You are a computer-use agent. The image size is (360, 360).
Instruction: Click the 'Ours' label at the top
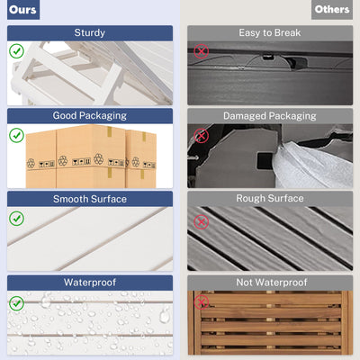(22, 10)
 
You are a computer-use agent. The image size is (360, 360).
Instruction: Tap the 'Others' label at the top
(332, 10)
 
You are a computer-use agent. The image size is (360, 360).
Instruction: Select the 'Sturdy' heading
(90, 32)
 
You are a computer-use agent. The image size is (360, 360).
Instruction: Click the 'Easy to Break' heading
(270, 32)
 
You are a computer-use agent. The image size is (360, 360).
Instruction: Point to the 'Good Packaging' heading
(90, 116)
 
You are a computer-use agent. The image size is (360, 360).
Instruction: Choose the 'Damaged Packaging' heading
(270, 116)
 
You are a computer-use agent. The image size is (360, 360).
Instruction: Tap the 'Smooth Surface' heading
(90, 199)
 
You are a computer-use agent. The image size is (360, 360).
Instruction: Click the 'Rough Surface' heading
(270, 198)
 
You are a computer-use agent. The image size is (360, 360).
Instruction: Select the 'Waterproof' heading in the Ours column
(90, 283)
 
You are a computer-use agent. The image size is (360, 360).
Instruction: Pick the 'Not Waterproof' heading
(272, 283)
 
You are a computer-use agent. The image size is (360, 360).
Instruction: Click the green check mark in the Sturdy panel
(16, 51)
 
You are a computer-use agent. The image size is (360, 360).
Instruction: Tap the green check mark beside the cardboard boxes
(16, 135)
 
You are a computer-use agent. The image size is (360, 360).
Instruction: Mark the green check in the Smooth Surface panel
(16, 219)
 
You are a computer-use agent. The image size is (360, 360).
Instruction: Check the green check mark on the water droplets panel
(16, 303)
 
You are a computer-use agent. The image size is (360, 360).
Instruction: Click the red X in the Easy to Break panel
(201, 51)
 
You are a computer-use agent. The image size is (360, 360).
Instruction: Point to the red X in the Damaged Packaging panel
(201, 136)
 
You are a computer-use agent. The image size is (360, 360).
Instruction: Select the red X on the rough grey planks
(201, 222)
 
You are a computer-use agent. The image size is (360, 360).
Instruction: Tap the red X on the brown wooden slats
(201, 302)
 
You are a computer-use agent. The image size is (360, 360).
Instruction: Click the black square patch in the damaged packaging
(265, 161)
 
